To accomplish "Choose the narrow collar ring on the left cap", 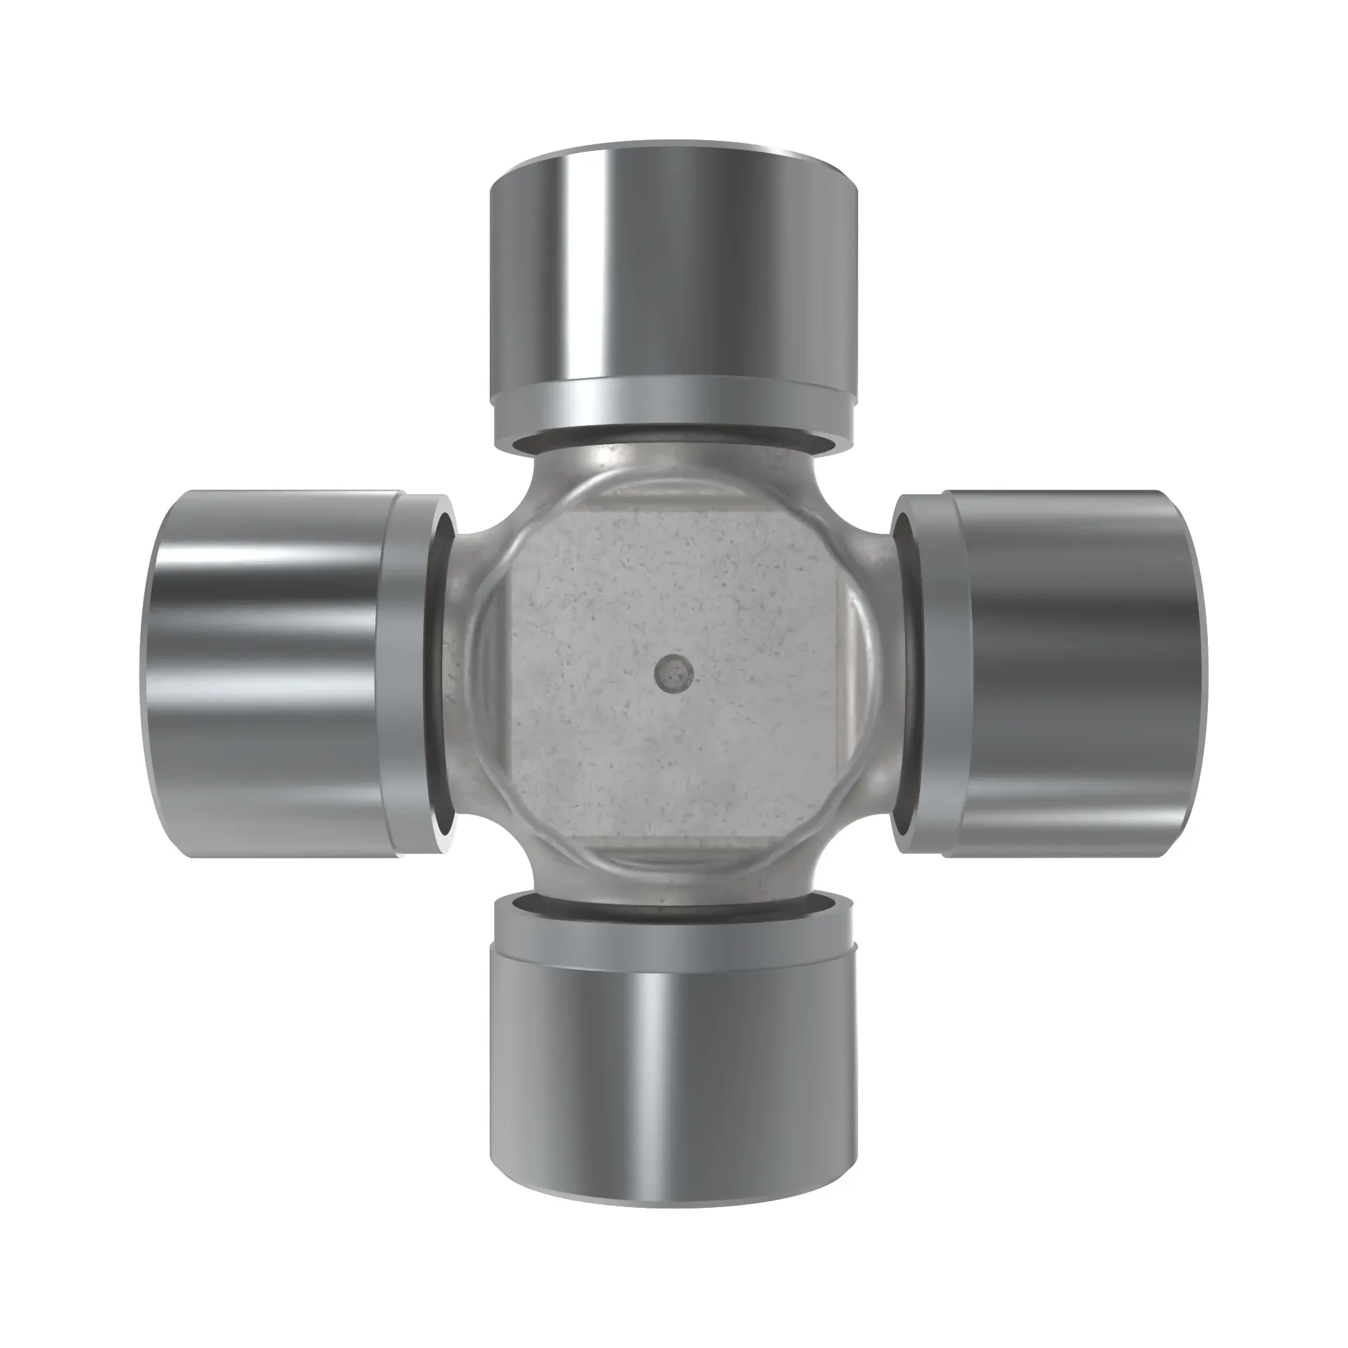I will click(402, 674).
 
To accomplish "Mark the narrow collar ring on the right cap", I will click(935, 674).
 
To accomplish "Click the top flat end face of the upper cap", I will click(673, 155).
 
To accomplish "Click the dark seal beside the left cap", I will click(437, 674).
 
